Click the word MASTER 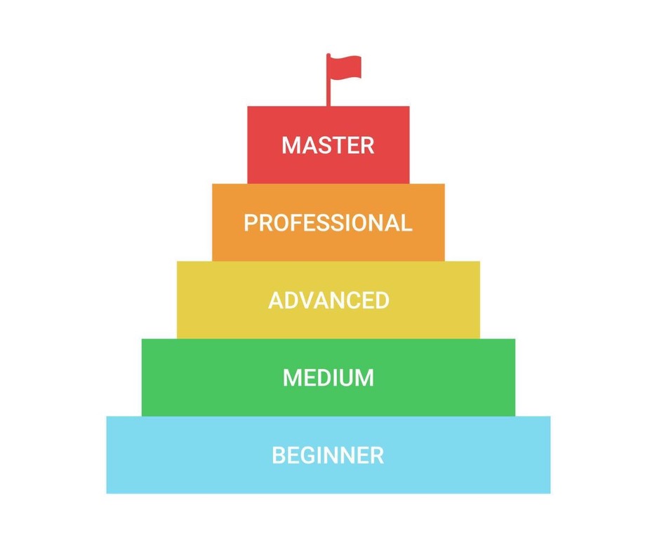coord(328,145)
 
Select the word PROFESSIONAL coord(328,222)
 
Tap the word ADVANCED coord(329,300)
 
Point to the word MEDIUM coord(328,377)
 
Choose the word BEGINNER coord(328,455)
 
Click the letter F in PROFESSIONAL coord(293,222)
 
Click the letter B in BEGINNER coord(279,455)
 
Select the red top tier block coord(328,144)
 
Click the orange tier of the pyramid coord(328,222)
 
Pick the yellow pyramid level coord(328,300)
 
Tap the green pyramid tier coord(328,377)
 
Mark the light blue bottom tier coord(328,455)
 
